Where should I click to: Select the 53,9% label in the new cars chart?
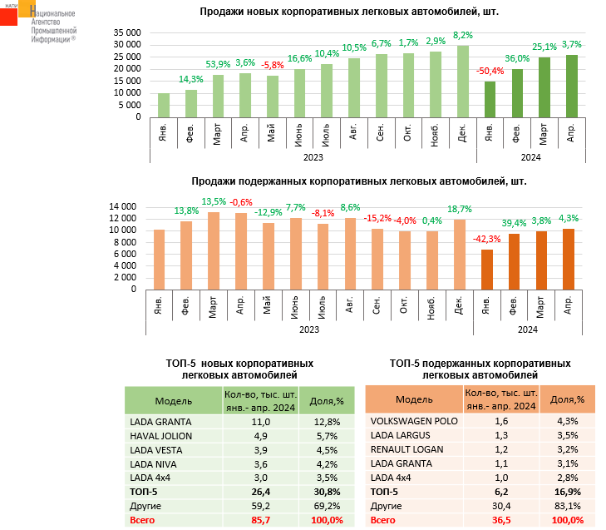[x=218, y=64]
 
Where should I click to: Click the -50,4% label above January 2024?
[x=490, y=72]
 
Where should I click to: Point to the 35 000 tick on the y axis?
[x=127, y=32]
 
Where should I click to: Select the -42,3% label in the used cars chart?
[x=487, y=240]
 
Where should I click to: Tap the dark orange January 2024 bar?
[x=487, y=270]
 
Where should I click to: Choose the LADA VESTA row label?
[x=157, y=450]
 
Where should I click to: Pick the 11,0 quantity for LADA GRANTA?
[x=262, y=421]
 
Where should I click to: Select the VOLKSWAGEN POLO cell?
[x=414, y=421]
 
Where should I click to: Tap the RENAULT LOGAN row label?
[x=406, y=449]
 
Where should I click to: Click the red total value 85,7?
[x=262, y=521]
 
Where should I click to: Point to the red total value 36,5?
[x=501, y=521]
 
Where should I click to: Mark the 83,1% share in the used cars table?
[x=569, y=507]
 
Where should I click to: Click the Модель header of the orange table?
[x=414, y=399]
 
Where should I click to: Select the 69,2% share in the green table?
[x=327, y=507]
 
